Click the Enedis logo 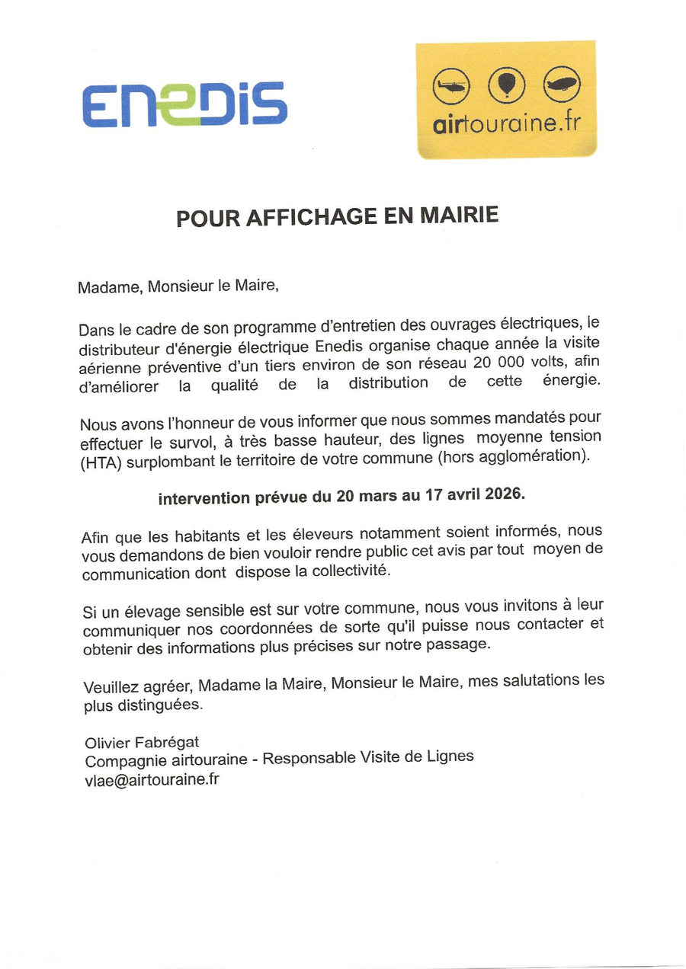click(184, 104)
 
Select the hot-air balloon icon click(506, 85)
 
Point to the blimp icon click(562, 84)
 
